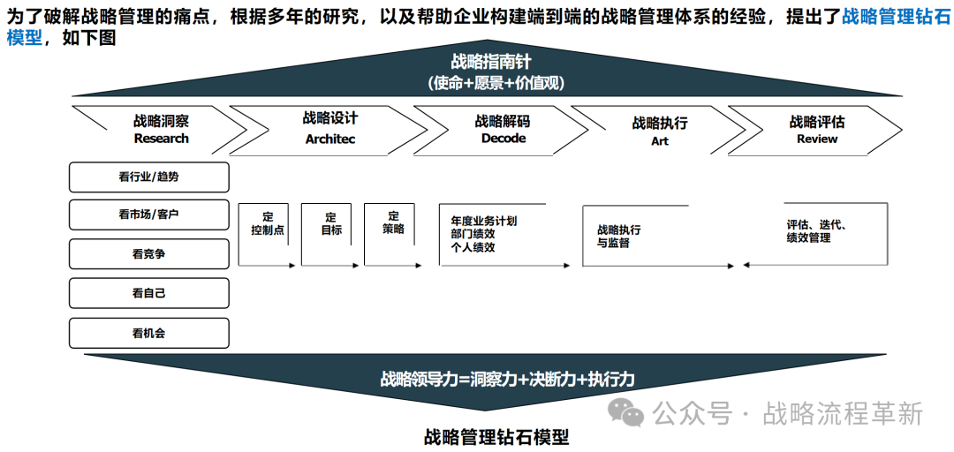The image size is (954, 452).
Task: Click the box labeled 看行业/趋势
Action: pyautogui.click(x=148, y=177)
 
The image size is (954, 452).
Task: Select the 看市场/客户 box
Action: pyautogui.click(x=148, y=215)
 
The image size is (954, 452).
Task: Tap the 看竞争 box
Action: pyautogui.click(x=148, y=254)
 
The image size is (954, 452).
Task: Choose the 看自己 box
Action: pyautogui.click(x=148, y=293)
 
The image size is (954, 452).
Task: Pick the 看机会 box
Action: pyautogui.click(x=148, y=333)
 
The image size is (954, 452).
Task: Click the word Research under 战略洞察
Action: pyautogui.click(x=162, y=139)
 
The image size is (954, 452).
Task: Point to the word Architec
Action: pyautogui.click(x=330, y=139)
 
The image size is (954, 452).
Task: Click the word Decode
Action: pyautogui.click(x=503, y=139)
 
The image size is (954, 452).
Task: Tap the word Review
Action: pyautogui.click(x=817, y=139)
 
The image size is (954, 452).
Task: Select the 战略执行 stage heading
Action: pyautogui.click(x=660, y=123)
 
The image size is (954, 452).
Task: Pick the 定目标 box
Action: pyautogui.click(x=331, y=223)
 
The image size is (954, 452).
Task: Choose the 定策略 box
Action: pyautogui.click(x=393, y=222)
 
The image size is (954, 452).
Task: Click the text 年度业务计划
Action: pyautogui.click(x=483, y=221)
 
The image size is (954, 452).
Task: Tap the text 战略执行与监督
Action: pyautogui.click(x=619, y=236)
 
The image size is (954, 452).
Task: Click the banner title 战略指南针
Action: pyautogui.click(x=491, y=62)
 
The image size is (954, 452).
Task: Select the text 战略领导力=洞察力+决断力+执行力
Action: pyautogui.click(x=507, y=380)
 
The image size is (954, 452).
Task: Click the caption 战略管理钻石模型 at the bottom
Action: pyautogui.click(x=496, y=436)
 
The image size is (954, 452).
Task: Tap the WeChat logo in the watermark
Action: pyautogui.click(x=629, y=412)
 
